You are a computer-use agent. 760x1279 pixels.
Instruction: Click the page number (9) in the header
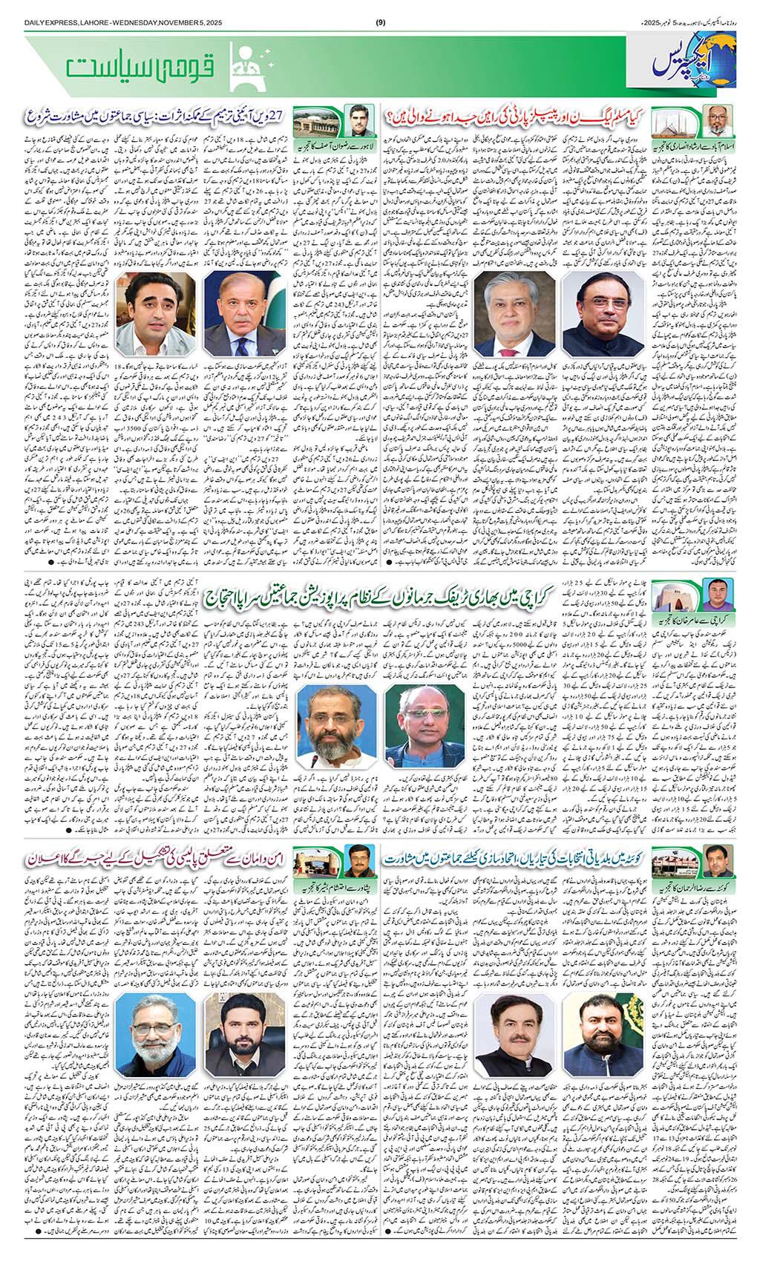[x=380, y=8]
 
